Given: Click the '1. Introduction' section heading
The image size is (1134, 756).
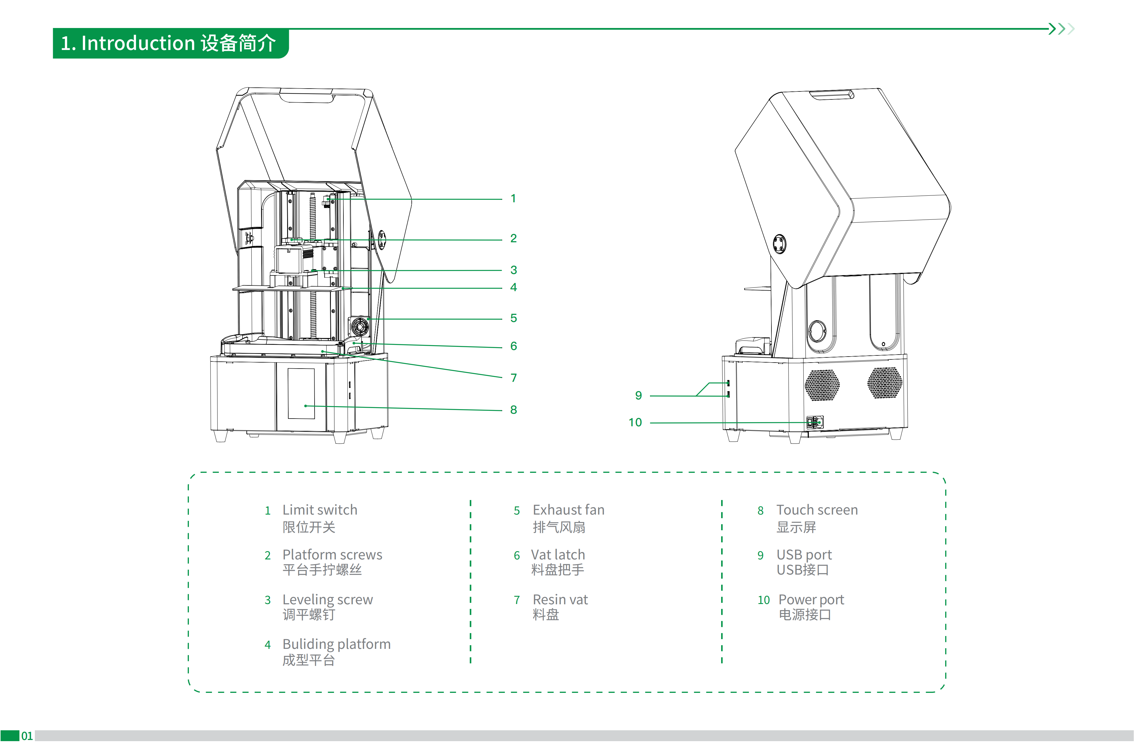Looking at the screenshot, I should [168, 43].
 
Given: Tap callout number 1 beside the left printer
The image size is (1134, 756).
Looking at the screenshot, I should [513, 199].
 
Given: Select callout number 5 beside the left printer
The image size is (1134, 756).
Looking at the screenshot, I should [513, 318].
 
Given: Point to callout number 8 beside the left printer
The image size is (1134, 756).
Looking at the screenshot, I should [513, 410].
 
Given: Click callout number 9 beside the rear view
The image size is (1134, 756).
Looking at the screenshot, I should [638, 396].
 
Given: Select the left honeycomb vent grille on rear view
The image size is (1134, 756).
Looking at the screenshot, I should [822, 385].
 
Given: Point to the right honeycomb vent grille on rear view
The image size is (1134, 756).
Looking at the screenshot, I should [885, 383].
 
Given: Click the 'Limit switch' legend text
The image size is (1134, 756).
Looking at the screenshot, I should [320, 510].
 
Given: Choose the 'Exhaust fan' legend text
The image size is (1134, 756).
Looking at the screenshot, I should [569, 510].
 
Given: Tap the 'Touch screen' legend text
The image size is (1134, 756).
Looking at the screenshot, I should [817, 510].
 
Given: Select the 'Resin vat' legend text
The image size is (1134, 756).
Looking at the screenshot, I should [560, 600].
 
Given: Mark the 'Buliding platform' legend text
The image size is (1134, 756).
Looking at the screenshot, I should [337, 645].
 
